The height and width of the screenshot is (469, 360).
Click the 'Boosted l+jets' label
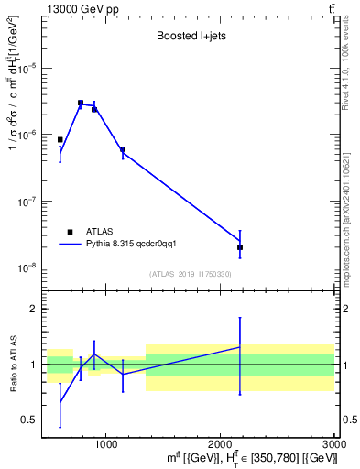click(x=191, y=37)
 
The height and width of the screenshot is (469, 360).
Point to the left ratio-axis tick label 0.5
click(x=30, y=420)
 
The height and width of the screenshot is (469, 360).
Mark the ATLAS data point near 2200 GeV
click(x=240, y=247)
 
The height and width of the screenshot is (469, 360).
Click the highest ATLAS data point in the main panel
click(x=81, y=104)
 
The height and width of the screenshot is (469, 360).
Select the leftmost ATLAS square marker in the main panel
click(x=60, y=140)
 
